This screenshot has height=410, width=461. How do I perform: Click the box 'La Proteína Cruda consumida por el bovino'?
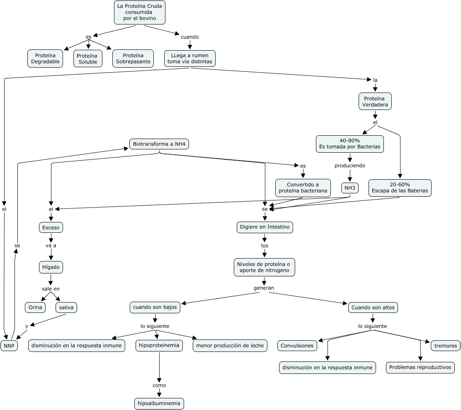tap(140, 12)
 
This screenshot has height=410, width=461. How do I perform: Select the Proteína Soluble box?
tap(87, 59)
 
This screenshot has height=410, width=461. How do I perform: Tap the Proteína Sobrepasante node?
tap(133, 59)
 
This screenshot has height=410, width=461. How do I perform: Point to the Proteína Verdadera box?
tap(375, 102)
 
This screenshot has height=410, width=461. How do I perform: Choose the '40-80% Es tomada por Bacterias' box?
tap(350, 144)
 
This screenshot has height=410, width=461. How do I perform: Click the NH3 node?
tap(349, 188)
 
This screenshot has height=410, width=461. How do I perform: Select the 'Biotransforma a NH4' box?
tap(160, 144)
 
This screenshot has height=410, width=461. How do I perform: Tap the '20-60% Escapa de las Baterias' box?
tap(400, 188)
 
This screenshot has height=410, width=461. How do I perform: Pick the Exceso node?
tap(51, 227)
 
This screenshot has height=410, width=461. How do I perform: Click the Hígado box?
tap(51, 268)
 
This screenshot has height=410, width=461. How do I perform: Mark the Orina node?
tap(36, 307)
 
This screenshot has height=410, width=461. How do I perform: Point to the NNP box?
tap(9, 346)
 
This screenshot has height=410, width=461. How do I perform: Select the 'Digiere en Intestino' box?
tap(265, 227)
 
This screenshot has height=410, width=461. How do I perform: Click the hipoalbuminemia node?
tap(159, 403)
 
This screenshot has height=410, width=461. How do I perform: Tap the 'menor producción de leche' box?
tap(230, 346)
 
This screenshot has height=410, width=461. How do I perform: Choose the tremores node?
tap(446, 346)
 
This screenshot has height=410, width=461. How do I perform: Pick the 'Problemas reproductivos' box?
tap(420, 367)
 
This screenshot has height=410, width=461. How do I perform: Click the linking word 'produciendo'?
tap(350, 166)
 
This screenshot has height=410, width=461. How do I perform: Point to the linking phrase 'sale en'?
tap(51, 288)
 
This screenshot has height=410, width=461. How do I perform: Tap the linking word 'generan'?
tap(264, 288)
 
